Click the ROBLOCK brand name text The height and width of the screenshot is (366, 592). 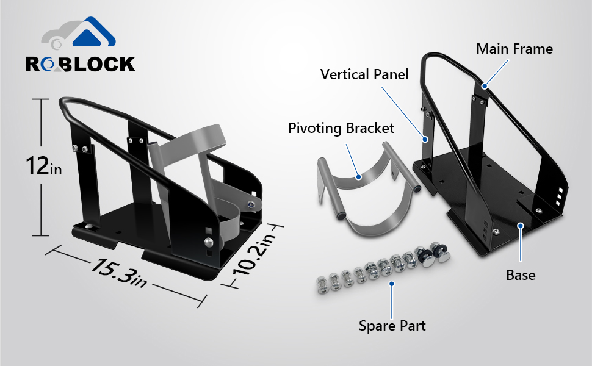pyautogui.click(x=80, y=64)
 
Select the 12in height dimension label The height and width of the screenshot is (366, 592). pyautogui.click(x=43, y=166)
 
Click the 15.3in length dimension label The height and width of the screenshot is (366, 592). pyautogui.click(x=120, y=273)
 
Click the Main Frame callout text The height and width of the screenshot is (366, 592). pyautogui.click(x=514, y=49)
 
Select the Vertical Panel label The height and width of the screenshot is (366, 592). pyautogui.click(x=364, y=74)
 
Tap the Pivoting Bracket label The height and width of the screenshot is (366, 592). pyautogui.click(x=341, y=128)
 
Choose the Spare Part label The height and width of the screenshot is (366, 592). pyautogui.click(x=392, y=325)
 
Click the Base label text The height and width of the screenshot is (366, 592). pyautogui.click(x=521, y=275)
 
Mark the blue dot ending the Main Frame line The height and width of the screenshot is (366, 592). pyautogui.click(x=484, y=87)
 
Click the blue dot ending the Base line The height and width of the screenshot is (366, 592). pyautogui.click(x=521, y=226)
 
